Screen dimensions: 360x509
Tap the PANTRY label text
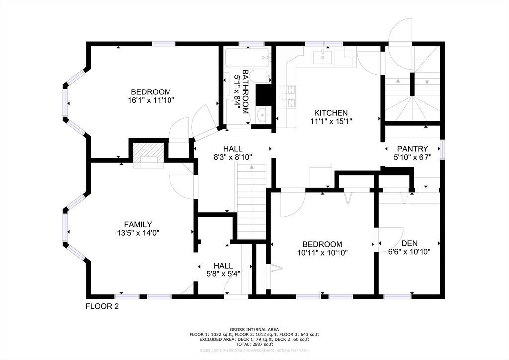(412, 148)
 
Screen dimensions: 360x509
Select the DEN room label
(409, 243)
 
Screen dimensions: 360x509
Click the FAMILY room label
(138, 224)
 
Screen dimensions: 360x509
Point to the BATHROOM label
(245, 91)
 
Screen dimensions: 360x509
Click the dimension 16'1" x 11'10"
(151, 100)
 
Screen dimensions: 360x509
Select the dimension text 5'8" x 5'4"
(223, 273)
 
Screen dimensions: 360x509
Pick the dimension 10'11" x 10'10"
(323, 252)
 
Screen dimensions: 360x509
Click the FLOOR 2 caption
(102, 306)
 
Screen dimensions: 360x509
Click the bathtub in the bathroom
(247, 58)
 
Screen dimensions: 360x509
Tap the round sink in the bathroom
(262, 115)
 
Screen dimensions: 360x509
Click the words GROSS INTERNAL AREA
(254, 329)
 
